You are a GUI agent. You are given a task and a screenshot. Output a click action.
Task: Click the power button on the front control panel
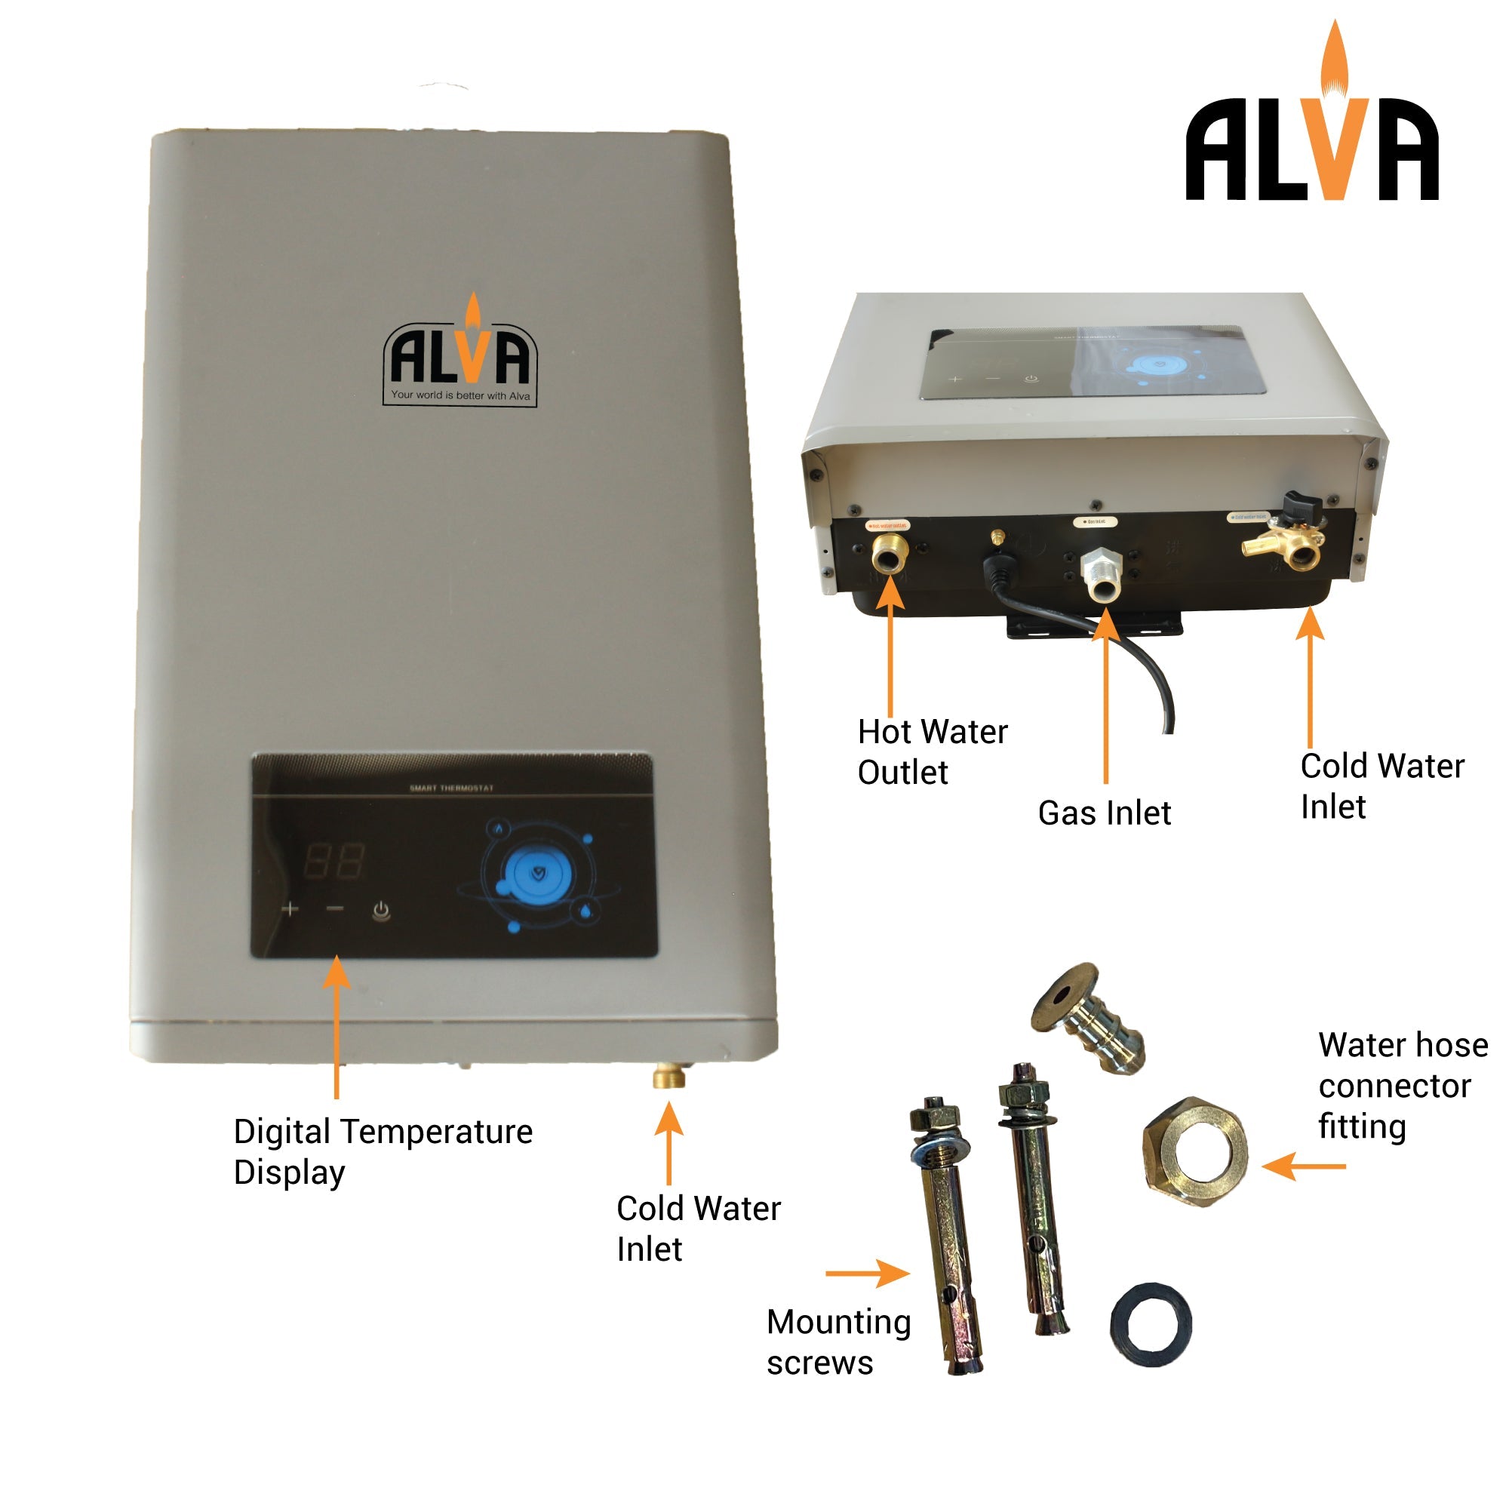pos(380,910)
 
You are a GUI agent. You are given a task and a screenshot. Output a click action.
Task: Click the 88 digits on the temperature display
pos(333,862)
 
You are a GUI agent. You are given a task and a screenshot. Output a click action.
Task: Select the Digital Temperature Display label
pos(383,1151)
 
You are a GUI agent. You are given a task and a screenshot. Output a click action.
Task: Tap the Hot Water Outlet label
pos(932,751)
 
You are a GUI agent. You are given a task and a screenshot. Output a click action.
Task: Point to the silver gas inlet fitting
pos(1102,574)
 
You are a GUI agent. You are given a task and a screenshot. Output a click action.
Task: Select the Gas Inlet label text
pos(1104,813)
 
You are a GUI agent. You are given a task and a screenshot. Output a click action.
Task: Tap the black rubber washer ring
pos(1151,1325)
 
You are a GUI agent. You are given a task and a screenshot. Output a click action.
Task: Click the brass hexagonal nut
pos(1194,1153)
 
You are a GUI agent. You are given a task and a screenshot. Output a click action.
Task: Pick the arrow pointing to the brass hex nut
pos(1303,1167)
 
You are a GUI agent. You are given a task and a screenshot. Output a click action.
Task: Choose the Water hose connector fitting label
pos(1402,1086)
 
